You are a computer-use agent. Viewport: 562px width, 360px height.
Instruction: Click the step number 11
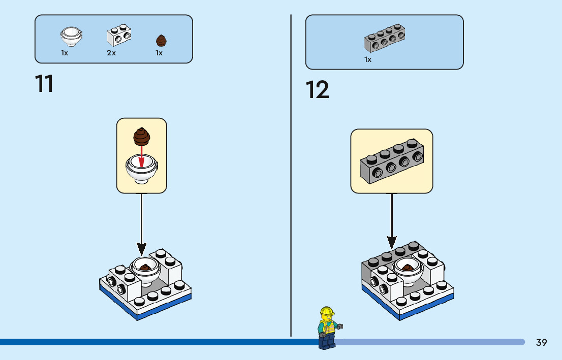pos(44,84)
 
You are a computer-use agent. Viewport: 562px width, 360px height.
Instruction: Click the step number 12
pos(317,89)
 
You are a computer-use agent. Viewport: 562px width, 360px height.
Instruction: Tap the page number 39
pos(542,342)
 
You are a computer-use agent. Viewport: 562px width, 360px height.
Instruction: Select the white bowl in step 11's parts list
pos(71,37)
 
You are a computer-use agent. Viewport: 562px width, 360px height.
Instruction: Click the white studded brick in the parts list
pos(118,35)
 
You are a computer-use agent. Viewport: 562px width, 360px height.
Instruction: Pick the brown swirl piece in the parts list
pos(161,41)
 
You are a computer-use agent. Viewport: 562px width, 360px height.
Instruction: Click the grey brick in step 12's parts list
pos(385,38)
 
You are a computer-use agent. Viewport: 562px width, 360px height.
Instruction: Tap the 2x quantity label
pos(111,53)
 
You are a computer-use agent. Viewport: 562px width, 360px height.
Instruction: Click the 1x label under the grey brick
pos(368,59)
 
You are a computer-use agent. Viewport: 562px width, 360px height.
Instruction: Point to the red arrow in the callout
pos(142,156)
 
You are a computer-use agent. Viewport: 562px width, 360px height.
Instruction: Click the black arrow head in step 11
pos(142,249)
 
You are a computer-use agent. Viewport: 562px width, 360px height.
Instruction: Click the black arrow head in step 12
pos(392,243)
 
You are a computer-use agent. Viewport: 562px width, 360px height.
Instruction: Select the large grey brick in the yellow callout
pos(392,161)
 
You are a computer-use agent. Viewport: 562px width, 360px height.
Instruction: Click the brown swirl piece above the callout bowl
pos(142,137)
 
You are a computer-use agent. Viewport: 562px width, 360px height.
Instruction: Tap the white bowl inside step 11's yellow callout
pos(142,169)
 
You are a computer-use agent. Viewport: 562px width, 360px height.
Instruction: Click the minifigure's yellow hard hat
pos(327,311)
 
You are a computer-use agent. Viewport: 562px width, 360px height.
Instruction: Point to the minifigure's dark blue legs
pos(327,342)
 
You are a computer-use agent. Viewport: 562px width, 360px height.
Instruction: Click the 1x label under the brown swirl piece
pos(159,53)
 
